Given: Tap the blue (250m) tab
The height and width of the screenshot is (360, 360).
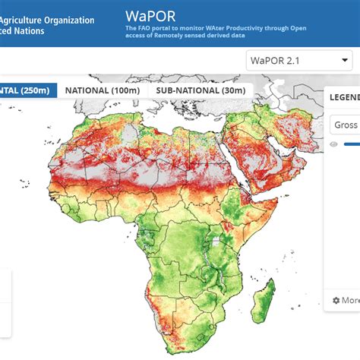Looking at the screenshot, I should [27, 90].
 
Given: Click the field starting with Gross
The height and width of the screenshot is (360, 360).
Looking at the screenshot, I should [346, 125].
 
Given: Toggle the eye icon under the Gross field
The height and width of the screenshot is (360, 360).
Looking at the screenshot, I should [333, 144].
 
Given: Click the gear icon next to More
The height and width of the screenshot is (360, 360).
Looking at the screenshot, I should [336, 300].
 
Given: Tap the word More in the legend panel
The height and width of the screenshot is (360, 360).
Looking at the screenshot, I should [350, 300].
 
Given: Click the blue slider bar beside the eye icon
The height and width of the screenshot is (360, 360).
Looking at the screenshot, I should [352, 144].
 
